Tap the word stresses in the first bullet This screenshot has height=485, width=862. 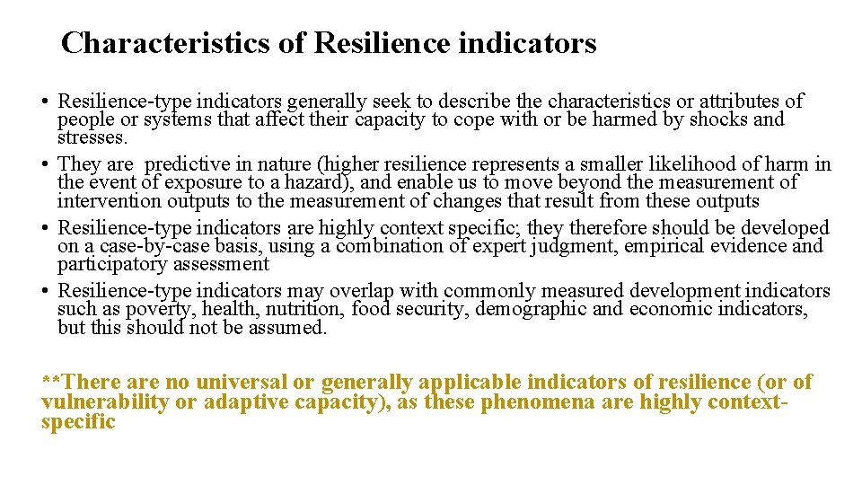point(93,138)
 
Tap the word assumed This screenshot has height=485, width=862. point(286,328)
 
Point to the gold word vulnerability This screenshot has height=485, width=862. point(104,401)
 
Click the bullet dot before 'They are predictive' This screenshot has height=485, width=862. point(46,164)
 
